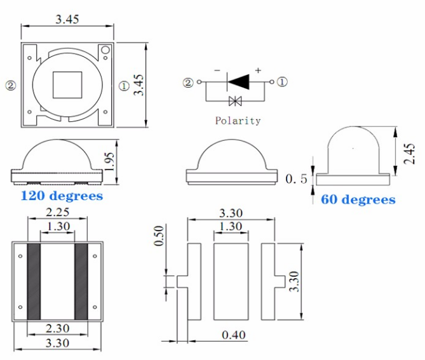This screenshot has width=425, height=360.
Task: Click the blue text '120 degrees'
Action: pos(62,196)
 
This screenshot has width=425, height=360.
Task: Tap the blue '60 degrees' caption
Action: pos(358,199)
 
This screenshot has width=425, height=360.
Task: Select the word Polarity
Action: pos(238,121)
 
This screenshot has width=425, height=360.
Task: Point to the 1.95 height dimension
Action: pos(109,162)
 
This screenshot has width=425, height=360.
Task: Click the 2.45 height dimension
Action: pos(409,154)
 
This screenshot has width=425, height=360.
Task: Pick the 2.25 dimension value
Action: pos(57,212)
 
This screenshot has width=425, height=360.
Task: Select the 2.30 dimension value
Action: pos(57,328)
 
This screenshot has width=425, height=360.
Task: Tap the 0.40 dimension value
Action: pos(234,335)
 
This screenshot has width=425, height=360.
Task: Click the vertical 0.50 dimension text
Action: pos(159,236)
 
